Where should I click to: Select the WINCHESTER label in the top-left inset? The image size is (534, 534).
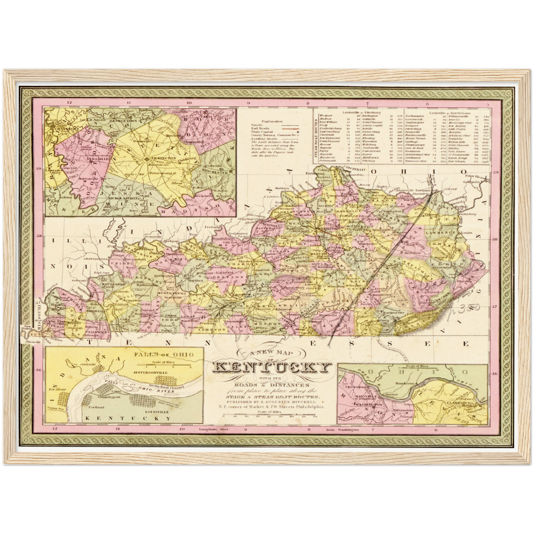coord(216,171)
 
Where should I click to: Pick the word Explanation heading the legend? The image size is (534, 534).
coord(272,121)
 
